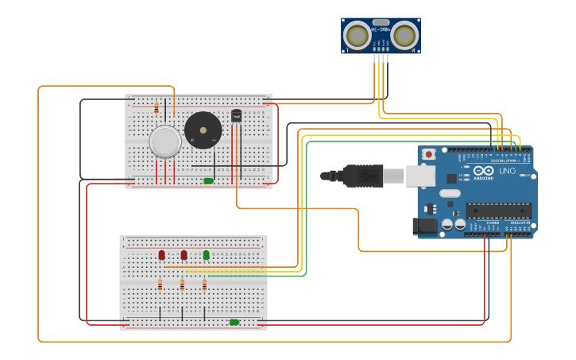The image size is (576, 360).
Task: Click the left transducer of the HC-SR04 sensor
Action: (357, 35)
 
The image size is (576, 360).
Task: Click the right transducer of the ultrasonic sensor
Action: (405, 35)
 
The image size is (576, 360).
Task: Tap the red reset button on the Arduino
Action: (430, 153)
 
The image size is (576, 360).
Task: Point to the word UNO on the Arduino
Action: (507, 171)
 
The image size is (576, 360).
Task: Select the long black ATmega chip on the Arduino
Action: (498, 210)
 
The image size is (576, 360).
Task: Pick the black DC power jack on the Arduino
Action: (425, 226)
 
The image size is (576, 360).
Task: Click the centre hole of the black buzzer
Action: (203, 130)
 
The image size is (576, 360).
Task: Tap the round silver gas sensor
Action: (165, 141)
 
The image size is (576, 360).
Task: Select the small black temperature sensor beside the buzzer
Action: (236, 116)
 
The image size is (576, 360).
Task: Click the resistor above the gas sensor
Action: (157, 107)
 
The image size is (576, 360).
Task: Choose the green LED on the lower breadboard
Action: (206, 255)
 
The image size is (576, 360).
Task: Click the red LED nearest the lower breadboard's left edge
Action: (161, 255)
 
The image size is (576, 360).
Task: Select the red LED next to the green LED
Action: (184, 255)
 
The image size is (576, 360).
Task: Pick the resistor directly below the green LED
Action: (204, 285)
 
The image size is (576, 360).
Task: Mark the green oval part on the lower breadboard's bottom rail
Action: (234, 322)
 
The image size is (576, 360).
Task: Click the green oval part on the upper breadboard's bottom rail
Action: (208, 181)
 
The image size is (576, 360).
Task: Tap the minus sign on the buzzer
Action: (191, 141)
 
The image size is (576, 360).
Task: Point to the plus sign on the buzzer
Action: (215, 140)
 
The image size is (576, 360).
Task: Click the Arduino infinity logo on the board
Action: (484, 171)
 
